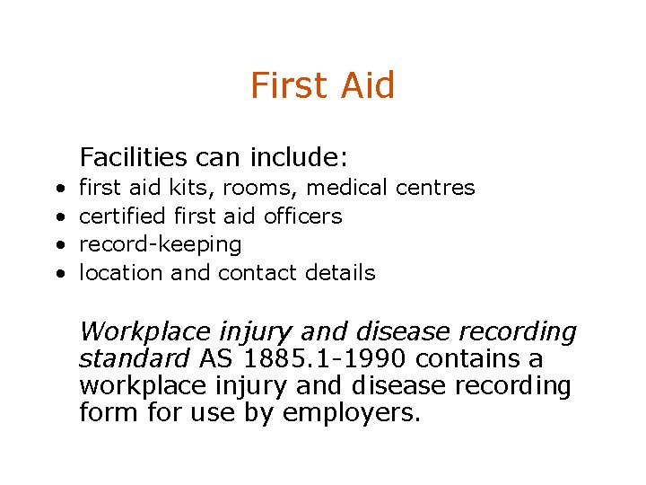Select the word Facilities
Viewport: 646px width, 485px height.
click(x=133, y=158)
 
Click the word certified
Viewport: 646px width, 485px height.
click(x=123, y=216)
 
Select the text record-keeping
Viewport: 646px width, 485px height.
click(x=161, y=245)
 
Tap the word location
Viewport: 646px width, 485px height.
click(x=122, y=273)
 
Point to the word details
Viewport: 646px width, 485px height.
click(x=340, y=273)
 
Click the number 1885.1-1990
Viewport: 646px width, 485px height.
click(x=331, y=359)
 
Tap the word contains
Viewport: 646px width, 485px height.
click(x=476, y=359)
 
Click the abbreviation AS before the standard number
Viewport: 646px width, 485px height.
click(x=215, y=359)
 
